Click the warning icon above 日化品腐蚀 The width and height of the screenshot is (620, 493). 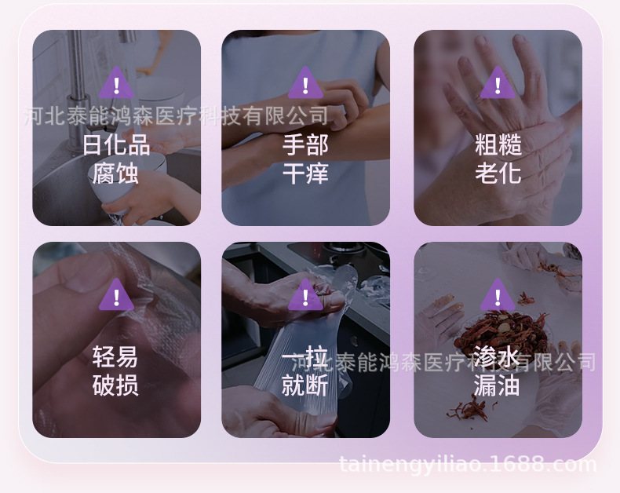(116, 82)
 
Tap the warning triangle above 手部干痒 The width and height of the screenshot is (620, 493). (305, 82)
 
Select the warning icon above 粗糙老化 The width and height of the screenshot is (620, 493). (498, 82)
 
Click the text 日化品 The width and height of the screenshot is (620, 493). (116, 144)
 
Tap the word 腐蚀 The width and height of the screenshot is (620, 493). (116, 173)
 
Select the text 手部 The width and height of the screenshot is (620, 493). (305, 144)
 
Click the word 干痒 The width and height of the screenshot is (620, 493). (305, 173)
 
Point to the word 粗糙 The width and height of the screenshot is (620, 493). (498, 144)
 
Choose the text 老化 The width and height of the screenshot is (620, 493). (498, 173)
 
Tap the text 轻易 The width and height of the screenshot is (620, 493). (116, 357)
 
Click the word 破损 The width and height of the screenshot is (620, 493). (116, 385)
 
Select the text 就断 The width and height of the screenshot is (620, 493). (305, 385)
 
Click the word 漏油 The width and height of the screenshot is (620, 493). (498, 385)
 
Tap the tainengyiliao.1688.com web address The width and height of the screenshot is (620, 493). (468, 464)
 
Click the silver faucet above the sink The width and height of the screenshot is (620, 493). (78, 63)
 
